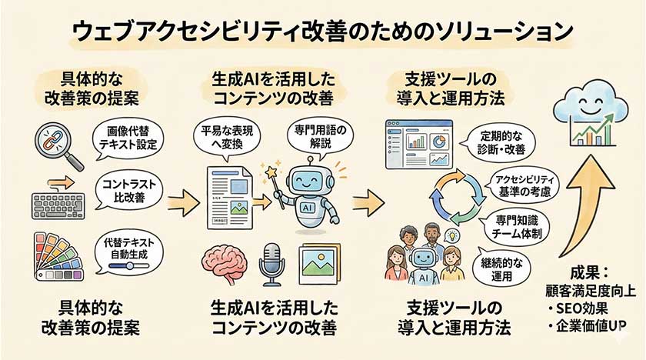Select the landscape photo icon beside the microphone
coord(321,263)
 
